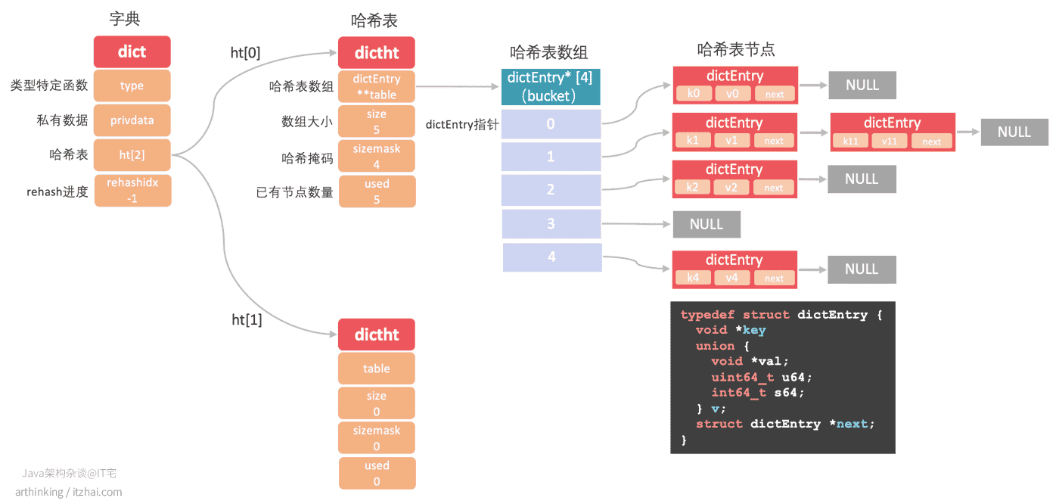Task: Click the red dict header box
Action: pos(132,51)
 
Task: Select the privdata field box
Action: pos(132,120)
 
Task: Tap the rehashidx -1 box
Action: pos(132,190)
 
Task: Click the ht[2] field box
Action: pos(132,154)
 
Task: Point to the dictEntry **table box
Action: pos(377,86)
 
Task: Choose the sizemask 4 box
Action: pos(377,156)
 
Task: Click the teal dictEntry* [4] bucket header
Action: pos(551,86)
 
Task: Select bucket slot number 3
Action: pos(551,224)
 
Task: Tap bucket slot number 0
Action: pos(551,124)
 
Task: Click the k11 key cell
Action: pos(850,141)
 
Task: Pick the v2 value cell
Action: pos(731,188)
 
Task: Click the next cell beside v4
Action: pos(774,279)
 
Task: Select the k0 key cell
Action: pos(694,93)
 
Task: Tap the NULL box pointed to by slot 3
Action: pos(707,224)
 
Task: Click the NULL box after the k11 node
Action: pos(1014,132)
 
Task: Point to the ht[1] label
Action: pos(247,320)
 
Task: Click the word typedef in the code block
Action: pos(708,315)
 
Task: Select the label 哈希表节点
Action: pos(736,49)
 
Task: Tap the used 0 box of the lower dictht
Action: pos(377,473)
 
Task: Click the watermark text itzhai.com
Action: pos(97,492)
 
